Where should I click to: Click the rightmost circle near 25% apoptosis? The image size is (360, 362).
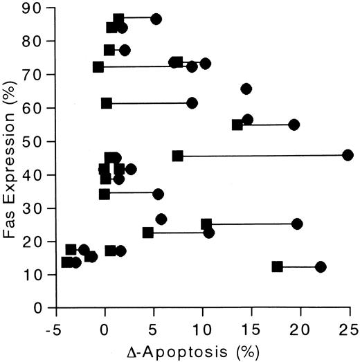pyautogui.click(x=348, y=156)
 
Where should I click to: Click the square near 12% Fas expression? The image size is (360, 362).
pyautogui.click(x=277, y=266)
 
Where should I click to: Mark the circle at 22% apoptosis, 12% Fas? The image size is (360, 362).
pyautogui.click(x=321, y=267)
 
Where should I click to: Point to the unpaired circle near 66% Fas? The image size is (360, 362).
pyautogui.click(x=246, y=89)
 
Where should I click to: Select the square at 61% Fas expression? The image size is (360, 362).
pyautogui.click(x=107, y=103)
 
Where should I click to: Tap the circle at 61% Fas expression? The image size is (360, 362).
pyautogui.click(x=192, y=103)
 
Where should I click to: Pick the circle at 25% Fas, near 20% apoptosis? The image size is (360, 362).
pyautogui.click(x=297, y=224)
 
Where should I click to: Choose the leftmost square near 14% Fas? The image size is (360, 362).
pyautogui.click(x=66, y=262)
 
